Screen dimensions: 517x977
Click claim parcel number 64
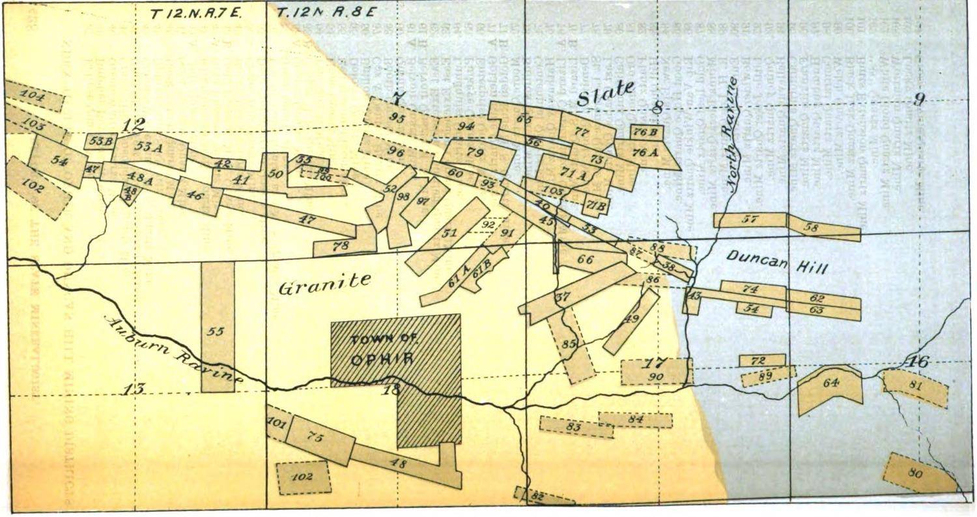coord(830,384)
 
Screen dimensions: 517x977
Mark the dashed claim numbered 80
coord(914,474)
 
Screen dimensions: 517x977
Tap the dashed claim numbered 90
coord(655,374)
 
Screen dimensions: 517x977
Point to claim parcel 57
coord(750,220)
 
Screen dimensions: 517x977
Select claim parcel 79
coord(476,154)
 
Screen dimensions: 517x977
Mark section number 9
coord(918,100)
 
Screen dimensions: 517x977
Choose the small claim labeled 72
coord(761,361)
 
